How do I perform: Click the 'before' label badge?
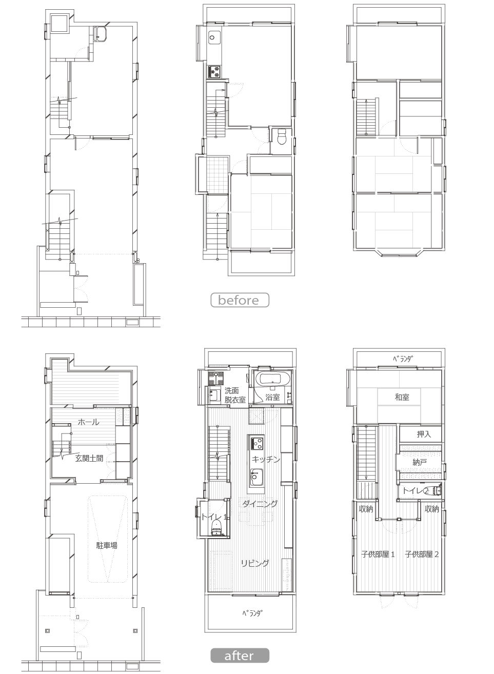coord(240,300)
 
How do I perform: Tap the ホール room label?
coord(88,422)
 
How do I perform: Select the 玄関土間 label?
coord(89,458)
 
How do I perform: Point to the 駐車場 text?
coord(107,545)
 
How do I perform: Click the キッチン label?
coord(266,459)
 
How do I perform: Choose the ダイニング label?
coord(260,504)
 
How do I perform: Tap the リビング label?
coord(255,563)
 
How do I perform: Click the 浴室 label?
coord(272,397)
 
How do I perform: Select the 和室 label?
coord(402,397)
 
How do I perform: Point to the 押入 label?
coord(424,434)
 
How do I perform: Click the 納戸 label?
coord(420,462)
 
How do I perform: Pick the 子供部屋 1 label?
coord(378,554)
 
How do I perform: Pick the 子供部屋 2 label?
coord(422,554)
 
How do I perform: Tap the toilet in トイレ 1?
coord(216,526)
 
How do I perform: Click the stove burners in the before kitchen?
coord(215,72)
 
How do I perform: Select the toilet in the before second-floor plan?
coord(281,136)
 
